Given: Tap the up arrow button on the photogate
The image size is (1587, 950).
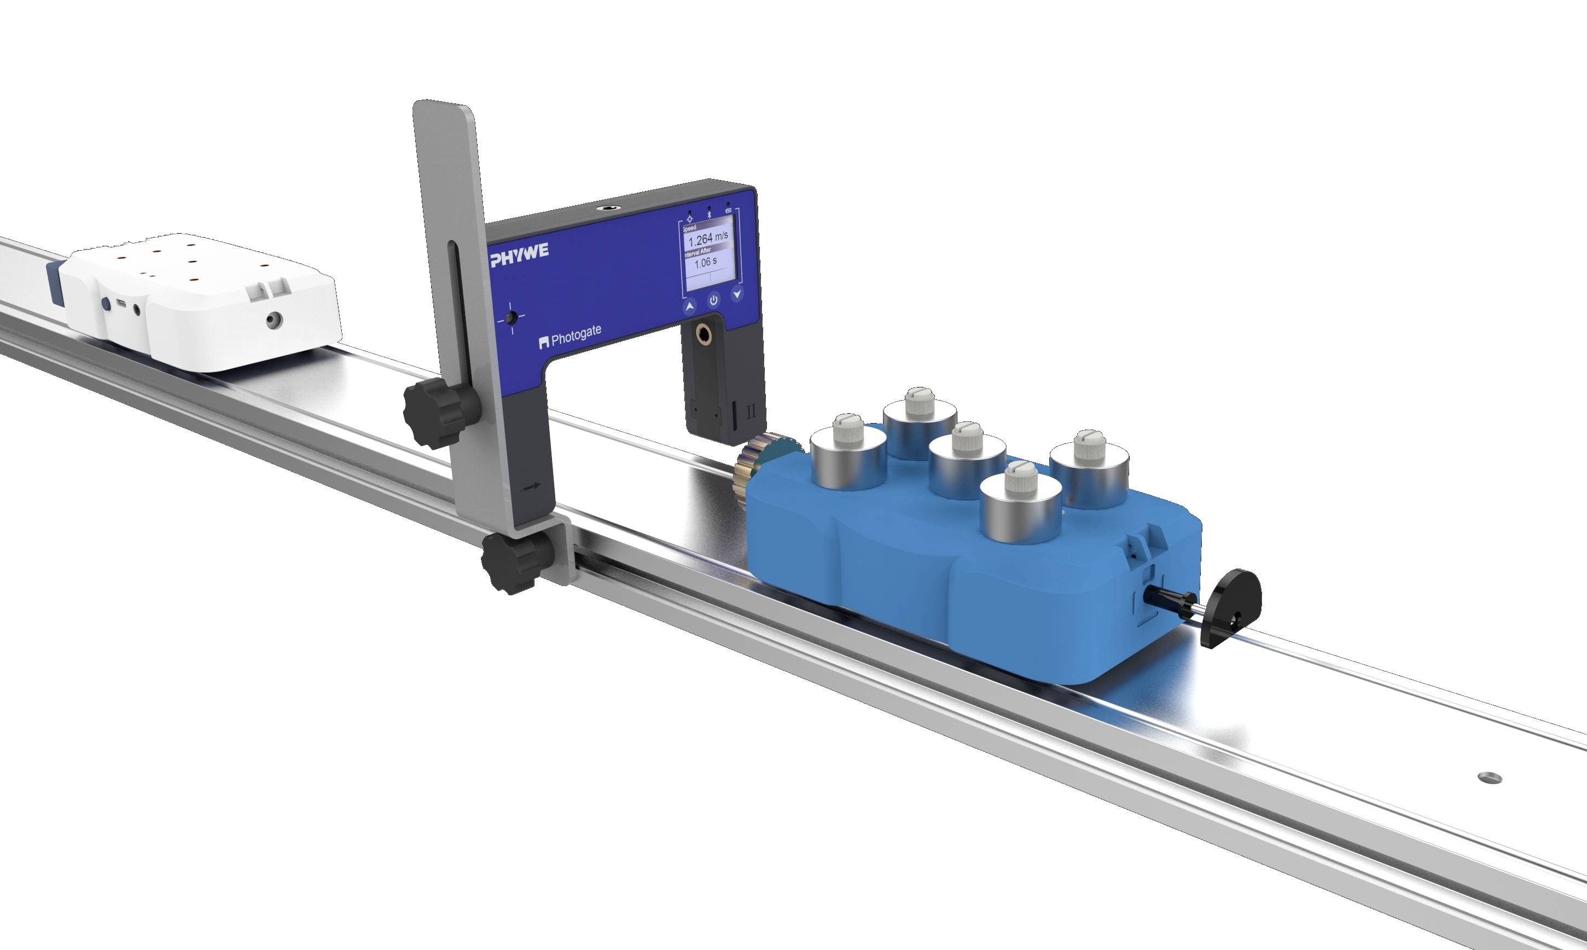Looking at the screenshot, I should [x=690, y=308].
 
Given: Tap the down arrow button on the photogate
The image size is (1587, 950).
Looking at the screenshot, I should [x=738, y=294].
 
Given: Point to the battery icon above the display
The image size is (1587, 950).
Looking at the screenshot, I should [x=729, y=210].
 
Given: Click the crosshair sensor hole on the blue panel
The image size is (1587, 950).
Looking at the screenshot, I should [x=510, y=318].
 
